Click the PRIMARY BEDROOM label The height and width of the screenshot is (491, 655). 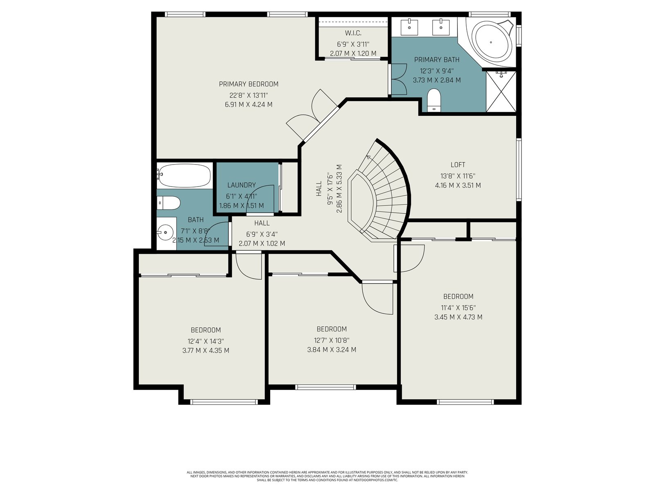248,84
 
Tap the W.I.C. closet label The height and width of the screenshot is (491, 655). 353,33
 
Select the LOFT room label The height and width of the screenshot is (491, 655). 458,164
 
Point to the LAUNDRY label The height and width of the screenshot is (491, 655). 242,185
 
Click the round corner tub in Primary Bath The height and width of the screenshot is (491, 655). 490,42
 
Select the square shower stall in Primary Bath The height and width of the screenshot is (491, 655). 501,91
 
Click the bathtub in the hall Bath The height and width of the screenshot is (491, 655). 184,175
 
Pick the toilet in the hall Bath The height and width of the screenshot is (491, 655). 169,203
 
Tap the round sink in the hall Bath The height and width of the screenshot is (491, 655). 165,232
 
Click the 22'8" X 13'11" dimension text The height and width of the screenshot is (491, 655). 248,95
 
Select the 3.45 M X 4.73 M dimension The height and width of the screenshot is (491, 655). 458,317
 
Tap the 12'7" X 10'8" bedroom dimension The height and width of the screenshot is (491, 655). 332,340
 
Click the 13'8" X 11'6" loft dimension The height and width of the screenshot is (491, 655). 458,176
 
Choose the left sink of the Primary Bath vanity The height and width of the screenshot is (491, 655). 409,27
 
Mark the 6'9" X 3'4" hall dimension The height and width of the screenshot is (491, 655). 262,234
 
